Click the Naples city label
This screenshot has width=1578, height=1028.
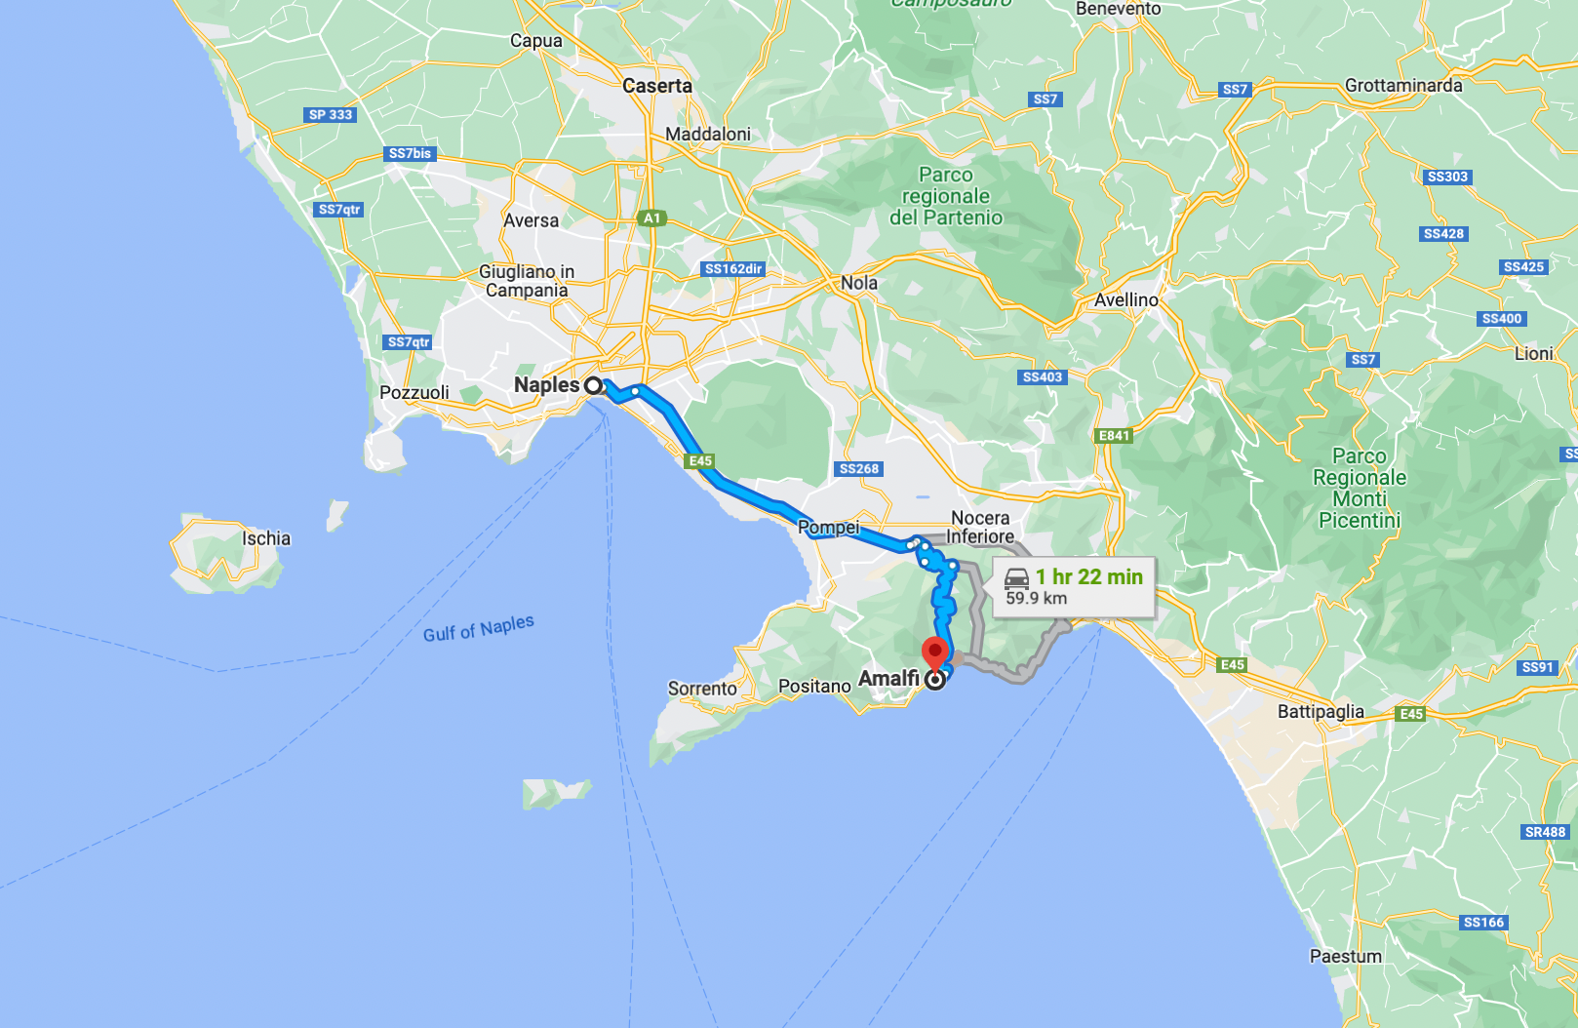pos(546,385)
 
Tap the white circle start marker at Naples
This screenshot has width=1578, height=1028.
pos(593,385)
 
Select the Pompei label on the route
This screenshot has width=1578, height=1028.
pos(828,528)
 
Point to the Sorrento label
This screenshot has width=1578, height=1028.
pos(702,689)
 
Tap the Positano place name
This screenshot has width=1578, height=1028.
pos(814,687)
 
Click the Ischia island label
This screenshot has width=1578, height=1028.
pos(266,538)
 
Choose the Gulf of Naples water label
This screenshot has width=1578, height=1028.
pos(478,628)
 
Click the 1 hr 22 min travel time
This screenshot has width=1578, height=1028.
pos(1088,576)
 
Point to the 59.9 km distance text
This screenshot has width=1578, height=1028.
pos(1036,599)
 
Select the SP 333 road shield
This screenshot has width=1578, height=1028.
pos(331,115)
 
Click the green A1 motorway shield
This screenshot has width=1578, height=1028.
pos(652,218)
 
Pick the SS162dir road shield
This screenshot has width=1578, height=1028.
pos(733,269)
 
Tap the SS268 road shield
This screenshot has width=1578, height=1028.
pos(859,469)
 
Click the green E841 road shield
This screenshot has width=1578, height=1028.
pos(1114,436)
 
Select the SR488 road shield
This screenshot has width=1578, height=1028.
pos(1545,832)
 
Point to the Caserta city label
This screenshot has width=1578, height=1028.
pos(657,86)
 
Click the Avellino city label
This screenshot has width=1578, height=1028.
pos(1125,300)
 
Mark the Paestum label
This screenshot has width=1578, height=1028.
pos(1345,957)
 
